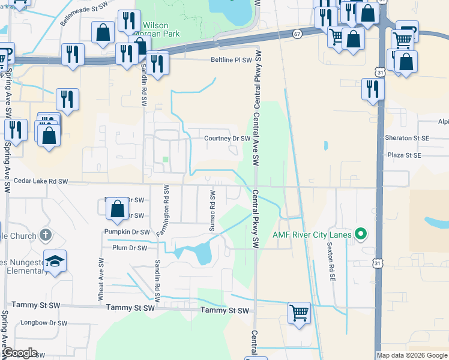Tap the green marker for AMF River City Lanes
point(360,234)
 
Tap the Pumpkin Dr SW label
point(127,232)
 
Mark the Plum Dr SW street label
point(129,247)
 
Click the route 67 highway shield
point(298,34)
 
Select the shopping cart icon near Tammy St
point(299,312)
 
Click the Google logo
point(19,353)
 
